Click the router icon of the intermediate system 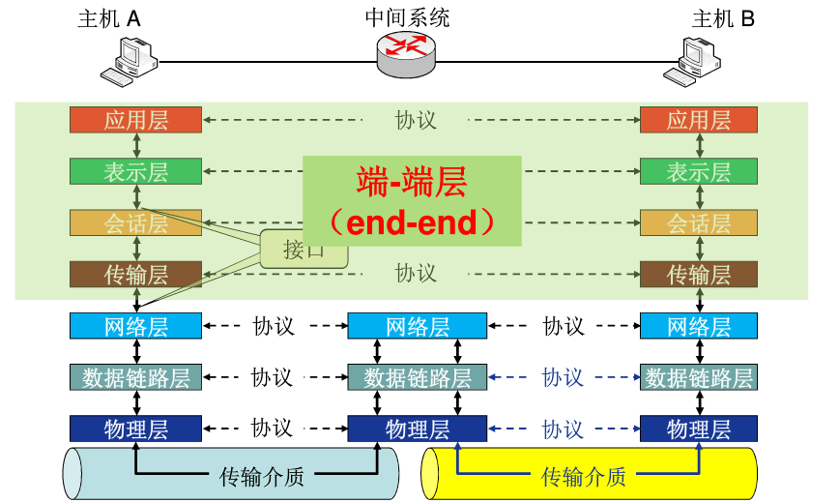(406, 53)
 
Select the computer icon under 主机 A (130, 62)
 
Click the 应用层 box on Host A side (135, 120)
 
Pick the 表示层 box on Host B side (698, 171)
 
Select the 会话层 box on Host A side (135, 223)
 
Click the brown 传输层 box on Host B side (698, 274)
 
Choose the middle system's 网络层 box (418, 326)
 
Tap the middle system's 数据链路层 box (418, 377)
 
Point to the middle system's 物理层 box (418, 429)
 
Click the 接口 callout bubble (303, 250)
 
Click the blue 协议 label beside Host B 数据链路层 (563, 377)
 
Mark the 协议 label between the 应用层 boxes (416, 120)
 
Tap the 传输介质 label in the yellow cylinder (583, 476)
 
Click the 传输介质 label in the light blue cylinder (261, 476)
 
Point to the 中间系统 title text (407, 17)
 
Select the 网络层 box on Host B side (698, 326)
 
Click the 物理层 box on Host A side (135, 429)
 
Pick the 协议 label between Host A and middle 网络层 (273, 326)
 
